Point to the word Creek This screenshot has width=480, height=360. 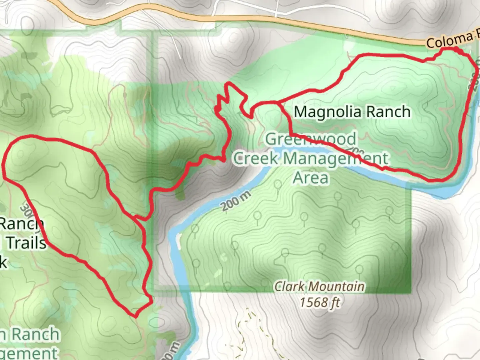click(x=255, y=158)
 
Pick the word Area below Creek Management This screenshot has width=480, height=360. click(x=311, y=177)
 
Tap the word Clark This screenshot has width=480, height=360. click(x=290, y=286)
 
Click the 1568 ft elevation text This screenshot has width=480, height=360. click(x=319, y=303)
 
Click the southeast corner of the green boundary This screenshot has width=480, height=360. click(x=411, y=292)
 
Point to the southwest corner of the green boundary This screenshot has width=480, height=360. click(x=154, y=292)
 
